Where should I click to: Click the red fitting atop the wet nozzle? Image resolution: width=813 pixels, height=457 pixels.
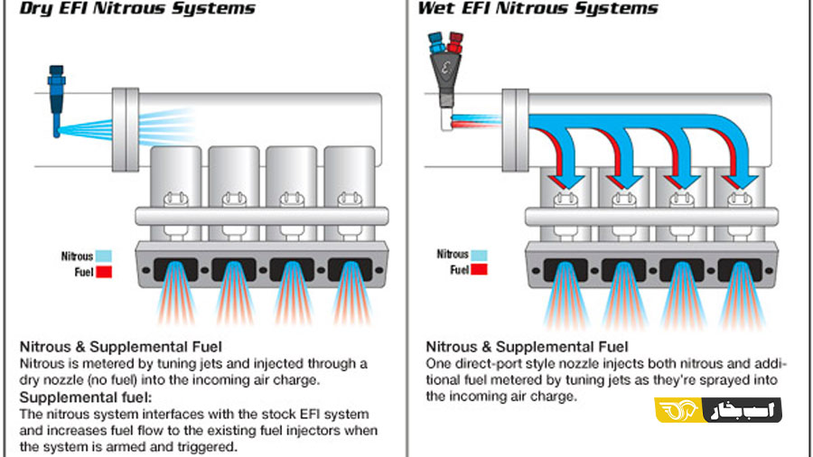(x=455, y=42)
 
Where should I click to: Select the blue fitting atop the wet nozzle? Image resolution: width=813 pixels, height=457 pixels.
(x=436, y=42)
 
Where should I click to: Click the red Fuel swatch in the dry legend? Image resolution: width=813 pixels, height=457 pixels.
(x=104, y=272)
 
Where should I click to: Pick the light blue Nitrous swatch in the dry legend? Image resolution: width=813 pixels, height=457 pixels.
(x=104, y=256)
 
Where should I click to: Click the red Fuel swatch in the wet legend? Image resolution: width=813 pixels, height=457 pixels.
(x=479, y=269)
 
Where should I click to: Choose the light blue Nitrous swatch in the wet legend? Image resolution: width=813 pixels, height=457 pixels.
(x=479, y=255)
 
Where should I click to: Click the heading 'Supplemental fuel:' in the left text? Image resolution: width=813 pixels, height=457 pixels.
(x=86, y=397)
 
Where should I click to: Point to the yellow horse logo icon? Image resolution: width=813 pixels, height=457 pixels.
(x=678, y=410)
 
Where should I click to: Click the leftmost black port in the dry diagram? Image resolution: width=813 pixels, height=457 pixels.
(x=176, y=270)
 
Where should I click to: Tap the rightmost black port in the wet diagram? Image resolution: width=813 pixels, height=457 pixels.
(x=740, y=270)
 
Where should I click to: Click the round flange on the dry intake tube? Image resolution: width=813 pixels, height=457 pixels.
(x=126, y=129)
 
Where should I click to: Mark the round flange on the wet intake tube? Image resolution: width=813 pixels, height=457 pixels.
(x=515, y=129)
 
